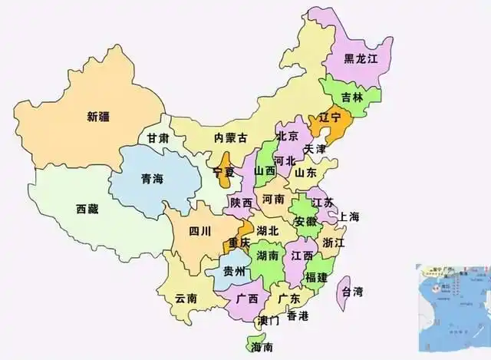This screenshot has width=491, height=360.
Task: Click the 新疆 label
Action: coord(98,117)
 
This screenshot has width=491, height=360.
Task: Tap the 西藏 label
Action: coord(87,208)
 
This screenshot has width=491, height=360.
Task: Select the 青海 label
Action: coord(152,179)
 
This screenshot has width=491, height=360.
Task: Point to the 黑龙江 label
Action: coord(359,58)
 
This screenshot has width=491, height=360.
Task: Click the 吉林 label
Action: coord(352,97)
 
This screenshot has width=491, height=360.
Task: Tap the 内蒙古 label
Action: coord(231,138)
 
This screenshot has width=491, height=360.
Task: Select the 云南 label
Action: coord(186,298)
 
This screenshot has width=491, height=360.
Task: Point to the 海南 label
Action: coord(262,348)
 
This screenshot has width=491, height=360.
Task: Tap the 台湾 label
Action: coord(352,292)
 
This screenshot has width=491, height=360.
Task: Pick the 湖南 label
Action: coord(268,256)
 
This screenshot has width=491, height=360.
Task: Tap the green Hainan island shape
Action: coord(254,342)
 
